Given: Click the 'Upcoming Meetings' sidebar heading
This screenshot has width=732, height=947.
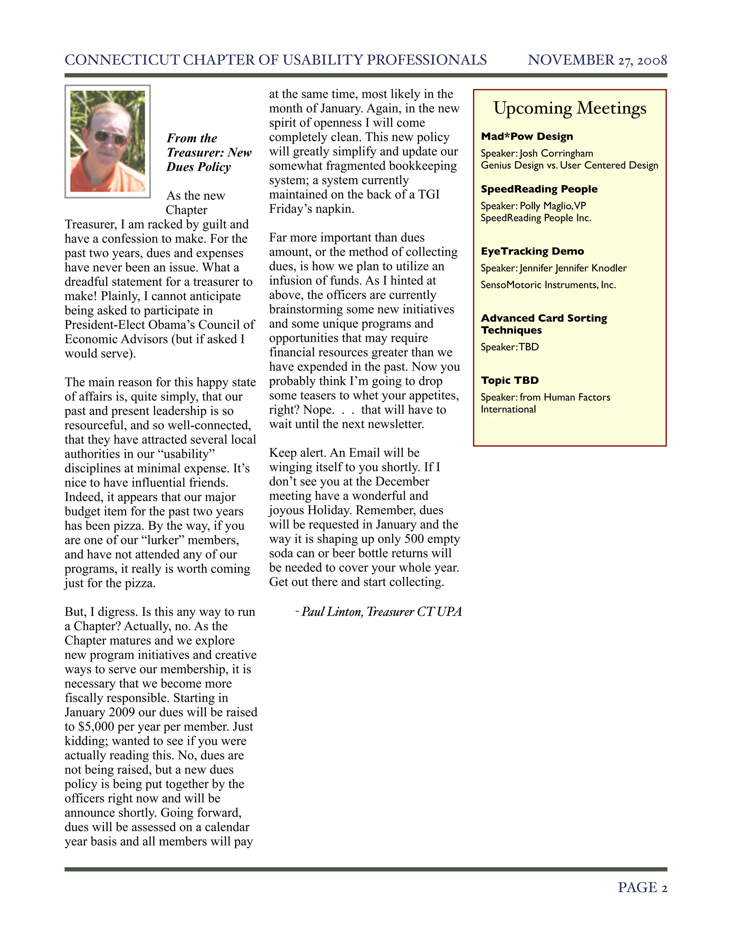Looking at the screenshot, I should click(x=569, y=108).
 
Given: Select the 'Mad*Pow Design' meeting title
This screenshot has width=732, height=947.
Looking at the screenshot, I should click(x=527, y=137).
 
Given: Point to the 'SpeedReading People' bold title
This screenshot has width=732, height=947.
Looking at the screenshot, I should click(x=539, y=189).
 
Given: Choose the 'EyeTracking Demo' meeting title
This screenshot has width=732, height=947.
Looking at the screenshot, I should click(x=532, y=252).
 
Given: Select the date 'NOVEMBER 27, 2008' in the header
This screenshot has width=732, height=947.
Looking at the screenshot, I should click(x=597, y=60).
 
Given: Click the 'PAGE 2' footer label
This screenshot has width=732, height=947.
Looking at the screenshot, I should click(x=642, y=888).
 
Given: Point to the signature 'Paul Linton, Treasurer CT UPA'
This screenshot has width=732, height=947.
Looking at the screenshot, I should click(x=381, y=612).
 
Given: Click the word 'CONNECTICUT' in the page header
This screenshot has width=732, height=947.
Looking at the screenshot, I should click(x=122, y=60).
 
